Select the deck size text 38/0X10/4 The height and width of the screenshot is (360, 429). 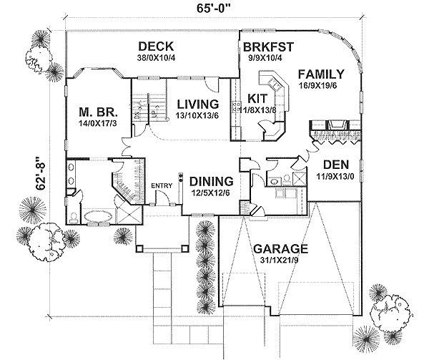156,58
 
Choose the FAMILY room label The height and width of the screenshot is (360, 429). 321,74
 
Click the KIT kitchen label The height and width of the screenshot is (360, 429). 257,98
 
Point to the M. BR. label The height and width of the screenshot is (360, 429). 97,112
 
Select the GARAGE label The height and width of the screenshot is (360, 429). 280,249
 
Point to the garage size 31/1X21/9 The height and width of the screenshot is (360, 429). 280,261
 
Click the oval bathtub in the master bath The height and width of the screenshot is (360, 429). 97,216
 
